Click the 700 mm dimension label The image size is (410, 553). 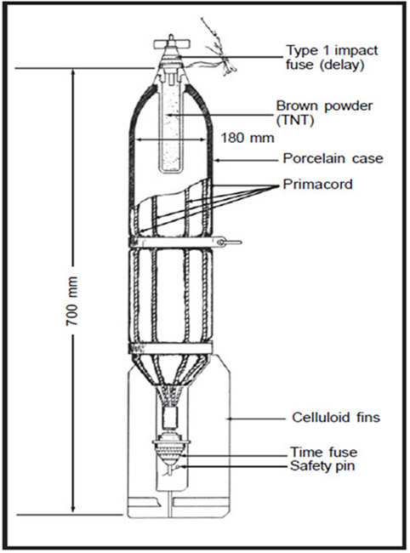tap(72, 301)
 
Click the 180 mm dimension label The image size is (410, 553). tap(248, 138)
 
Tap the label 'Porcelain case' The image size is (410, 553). tap(333, 158)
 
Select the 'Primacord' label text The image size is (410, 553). tap(317, 184)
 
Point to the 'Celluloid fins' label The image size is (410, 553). tap(336, 418)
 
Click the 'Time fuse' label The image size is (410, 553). tap(323, 452)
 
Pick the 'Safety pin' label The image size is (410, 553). tap(322, 466)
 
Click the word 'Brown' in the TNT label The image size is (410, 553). tap(297, 105)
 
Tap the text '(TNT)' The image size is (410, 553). tap(295, 121)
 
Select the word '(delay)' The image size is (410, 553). tap(342, 66)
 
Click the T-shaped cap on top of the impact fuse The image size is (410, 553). tap(172, 43)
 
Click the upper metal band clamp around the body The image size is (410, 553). tap(177, 242)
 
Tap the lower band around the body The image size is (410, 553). tap(171, 348)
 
